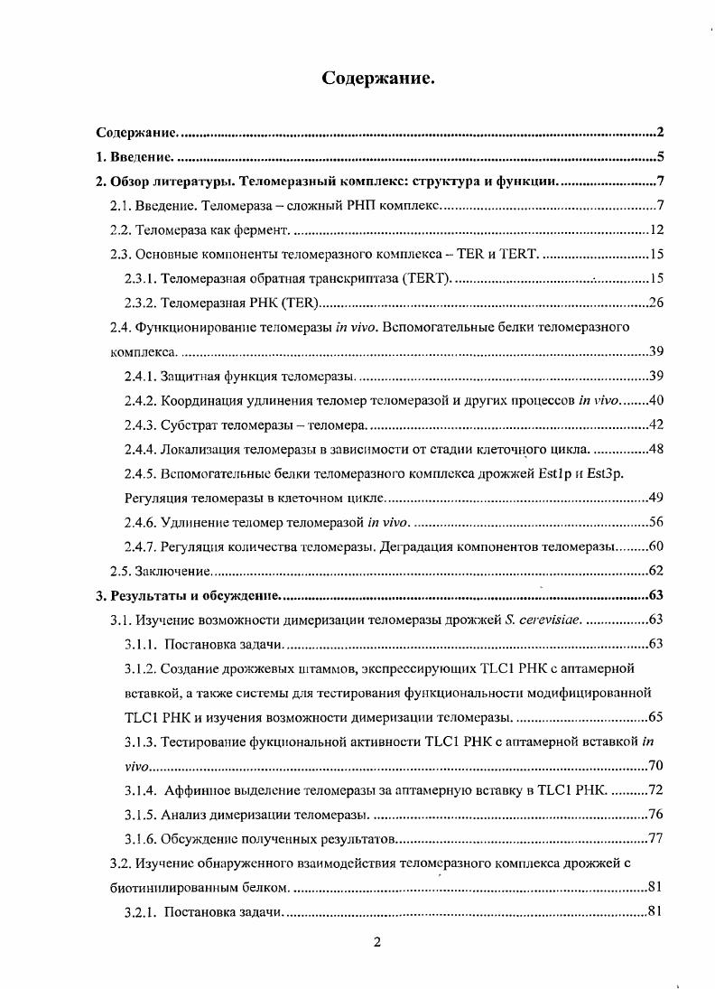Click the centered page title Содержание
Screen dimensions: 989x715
378,79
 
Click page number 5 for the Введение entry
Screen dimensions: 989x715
661,156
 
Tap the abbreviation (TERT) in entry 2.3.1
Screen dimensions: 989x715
423,279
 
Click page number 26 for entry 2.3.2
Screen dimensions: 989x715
656,303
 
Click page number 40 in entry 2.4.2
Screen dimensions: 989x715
656,400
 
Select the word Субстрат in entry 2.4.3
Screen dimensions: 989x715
185,425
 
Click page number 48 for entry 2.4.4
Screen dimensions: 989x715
656,449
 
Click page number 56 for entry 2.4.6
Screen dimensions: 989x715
656,522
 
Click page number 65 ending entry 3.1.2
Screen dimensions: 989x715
656,717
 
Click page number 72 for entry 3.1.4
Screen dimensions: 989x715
656,790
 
